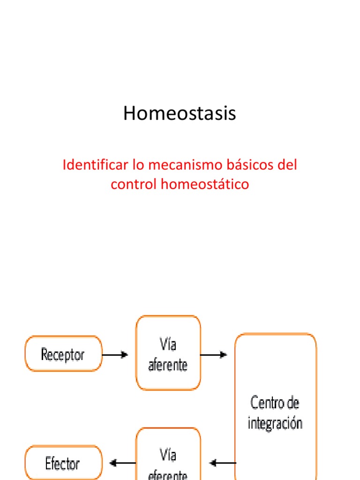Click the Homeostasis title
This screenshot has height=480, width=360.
[180, 114]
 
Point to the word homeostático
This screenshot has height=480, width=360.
[205, 184]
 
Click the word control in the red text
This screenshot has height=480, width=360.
[134, 184]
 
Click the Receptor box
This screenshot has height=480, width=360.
[63, 354]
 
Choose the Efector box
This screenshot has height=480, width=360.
[63, 464]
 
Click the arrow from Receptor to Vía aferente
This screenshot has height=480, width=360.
[115, 355]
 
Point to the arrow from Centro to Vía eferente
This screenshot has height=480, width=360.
[223, 464]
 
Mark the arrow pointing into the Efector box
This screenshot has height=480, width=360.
[122, 464]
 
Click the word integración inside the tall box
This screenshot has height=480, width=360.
[275, 423]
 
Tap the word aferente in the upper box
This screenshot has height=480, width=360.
[168, 365]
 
